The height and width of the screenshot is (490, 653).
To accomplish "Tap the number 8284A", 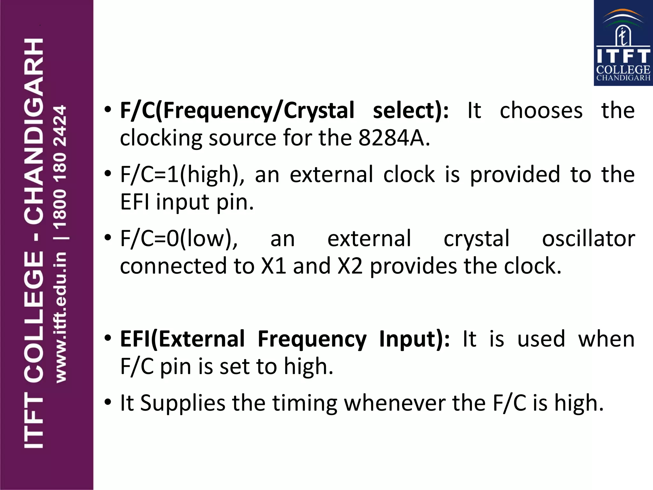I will (x=394, y=138).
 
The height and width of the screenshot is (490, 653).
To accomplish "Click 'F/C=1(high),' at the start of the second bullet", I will (x=182, y=175).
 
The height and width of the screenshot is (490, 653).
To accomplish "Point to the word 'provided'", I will (x=515, y=175).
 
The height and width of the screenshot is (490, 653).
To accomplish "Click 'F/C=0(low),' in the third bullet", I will (x=179, y=239).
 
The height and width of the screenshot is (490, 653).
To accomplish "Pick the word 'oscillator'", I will (x=589, y=239).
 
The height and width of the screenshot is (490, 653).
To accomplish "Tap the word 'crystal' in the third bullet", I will (x=477, y=239).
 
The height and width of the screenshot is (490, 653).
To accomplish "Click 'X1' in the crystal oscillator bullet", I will (x=274, y=266).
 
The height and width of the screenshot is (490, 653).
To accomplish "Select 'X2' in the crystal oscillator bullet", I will (x=350, y=266).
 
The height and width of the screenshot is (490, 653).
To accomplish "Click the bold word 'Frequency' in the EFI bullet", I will (x=312, y=339).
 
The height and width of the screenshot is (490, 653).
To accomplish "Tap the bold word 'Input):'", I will (x=415, y=339).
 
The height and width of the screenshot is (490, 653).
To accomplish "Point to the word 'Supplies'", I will (x=183, y=403).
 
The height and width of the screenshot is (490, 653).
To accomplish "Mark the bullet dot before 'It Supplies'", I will (x=108, y=402).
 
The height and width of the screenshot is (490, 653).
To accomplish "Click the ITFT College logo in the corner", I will (x=623, y=43).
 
